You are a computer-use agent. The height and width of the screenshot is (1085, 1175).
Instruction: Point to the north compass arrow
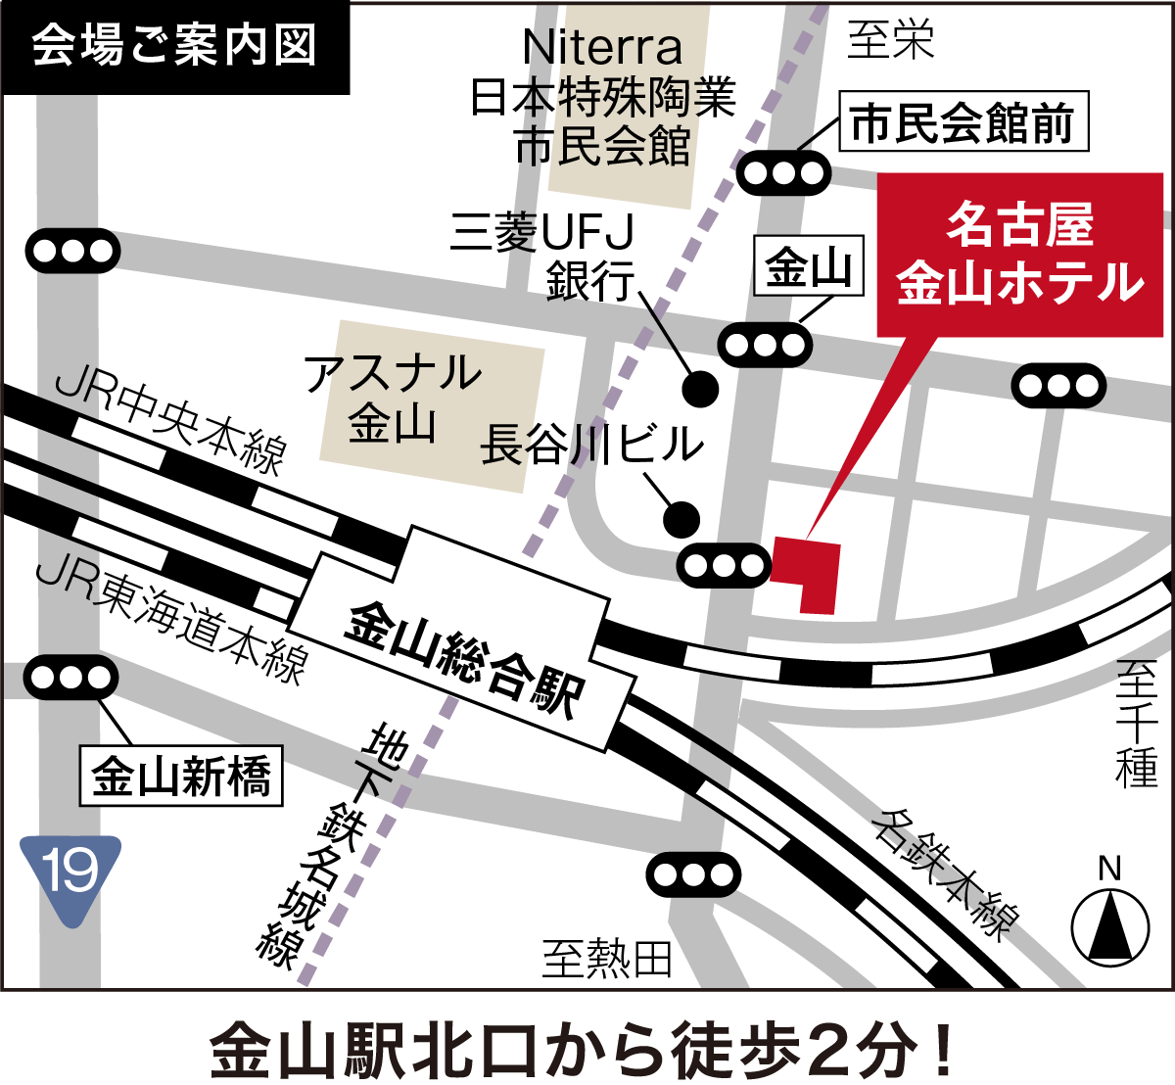coord(1109,925)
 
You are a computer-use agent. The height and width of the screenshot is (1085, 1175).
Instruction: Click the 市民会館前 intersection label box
coord(963,124)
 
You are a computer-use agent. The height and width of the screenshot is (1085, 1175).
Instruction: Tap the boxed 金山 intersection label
coord(809,266)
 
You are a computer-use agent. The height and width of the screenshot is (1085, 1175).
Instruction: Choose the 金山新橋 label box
coord(181,777)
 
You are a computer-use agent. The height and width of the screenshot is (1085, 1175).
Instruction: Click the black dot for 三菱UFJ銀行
coord(700,389)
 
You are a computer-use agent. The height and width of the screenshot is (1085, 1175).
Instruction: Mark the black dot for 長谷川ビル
coord(681,518)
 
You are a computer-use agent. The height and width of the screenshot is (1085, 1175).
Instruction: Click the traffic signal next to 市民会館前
coord(783,174)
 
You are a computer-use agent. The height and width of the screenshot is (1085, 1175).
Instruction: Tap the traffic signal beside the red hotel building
coord(724,565)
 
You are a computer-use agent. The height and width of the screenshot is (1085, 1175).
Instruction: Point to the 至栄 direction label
coord(890,40)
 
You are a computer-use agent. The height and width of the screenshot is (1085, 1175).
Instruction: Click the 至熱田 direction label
coord(607,959)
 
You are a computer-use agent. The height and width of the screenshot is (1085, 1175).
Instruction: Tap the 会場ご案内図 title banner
coord(175,46)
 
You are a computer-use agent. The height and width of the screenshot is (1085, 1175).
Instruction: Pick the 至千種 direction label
coord(1137,724)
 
